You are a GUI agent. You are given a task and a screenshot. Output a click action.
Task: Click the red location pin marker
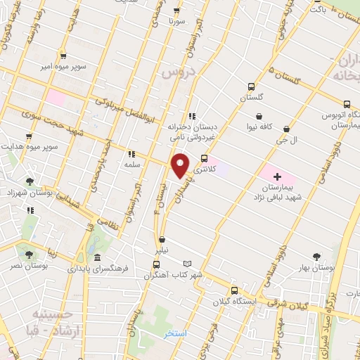[x=181, y=165]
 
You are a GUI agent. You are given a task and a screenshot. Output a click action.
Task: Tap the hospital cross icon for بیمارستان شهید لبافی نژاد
[x=276, y=175]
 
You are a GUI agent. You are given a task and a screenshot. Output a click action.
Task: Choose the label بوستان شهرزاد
[x=27, y=192]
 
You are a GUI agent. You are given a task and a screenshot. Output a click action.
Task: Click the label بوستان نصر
[x=29, y=266]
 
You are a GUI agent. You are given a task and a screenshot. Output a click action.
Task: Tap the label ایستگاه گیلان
[x=235, y=302]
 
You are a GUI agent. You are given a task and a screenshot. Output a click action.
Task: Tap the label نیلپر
[x=163, y=250]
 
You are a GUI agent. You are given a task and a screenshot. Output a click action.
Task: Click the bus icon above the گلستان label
[x=251, y=87]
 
